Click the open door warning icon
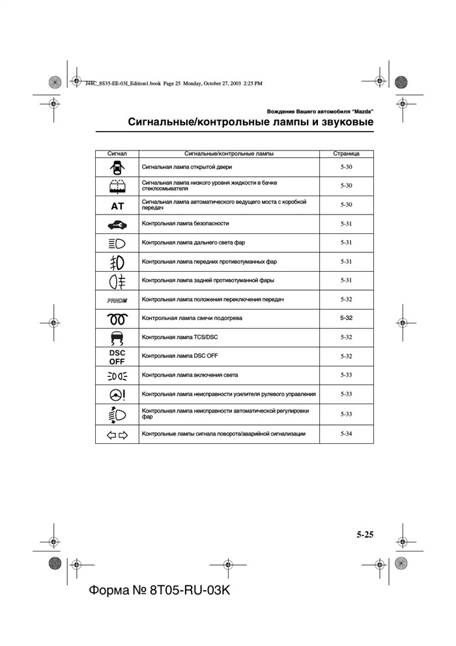[117, 168]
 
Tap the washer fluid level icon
[117, 186]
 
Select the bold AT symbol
[117, 205]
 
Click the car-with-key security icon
[117, 224]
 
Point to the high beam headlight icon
[117, 243]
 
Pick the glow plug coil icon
[117, 319]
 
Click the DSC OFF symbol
[117, 357]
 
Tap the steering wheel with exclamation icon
[117, 394]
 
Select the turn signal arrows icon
[117, 434]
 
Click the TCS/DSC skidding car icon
[117, 338]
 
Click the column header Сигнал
[117, 154]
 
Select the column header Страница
[346, 154]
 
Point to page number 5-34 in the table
[346, 433]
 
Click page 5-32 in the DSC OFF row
[346, 357]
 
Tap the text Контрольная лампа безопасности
[185, 224]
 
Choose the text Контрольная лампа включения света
[190, 375]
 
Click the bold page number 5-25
[365, 535]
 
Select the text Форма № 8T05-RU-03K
[160, 590]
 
